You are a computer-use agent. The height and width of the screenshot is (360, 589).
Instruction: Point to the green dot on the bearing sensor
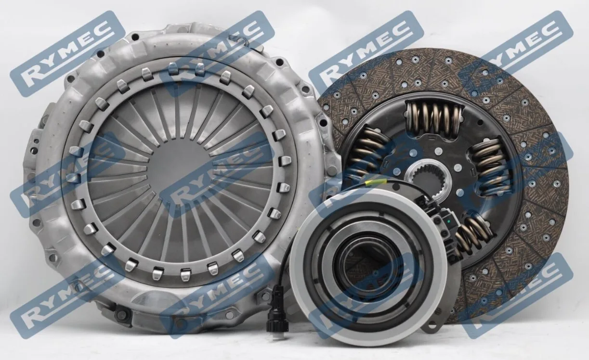pyautogui.click(x=450, y=221)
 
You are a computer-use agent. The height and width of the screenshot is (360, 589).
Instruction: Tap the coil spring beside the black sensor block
pyautogui.click(x=473, y=234)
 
